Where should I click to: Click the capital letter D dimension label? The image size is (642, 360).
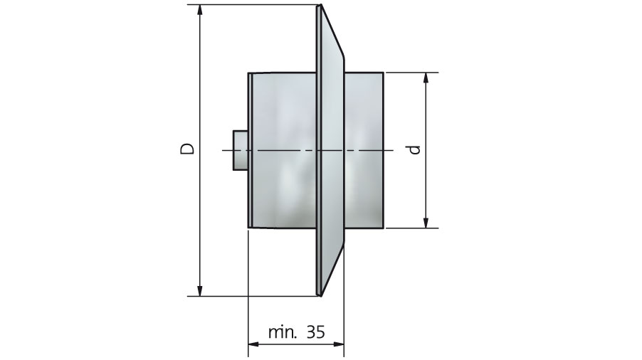click(187, 148)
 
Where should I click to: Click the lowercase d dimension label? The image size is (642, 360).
click(415, 149)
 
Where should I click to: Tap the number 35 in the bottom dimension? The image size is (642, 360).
click(315, 332)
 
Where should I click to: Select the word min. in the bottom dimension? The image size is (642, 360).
click(283, 332)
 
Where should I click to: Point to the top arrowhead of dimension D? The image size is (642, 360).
click(200, 10)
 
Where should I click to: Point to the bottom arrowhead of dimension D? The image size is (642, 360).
click(200, 290)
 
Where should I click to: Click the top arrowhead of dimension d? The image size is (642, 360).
click(426, 78)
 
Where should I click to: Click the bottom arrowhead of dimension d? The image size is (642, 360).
click(426, 223)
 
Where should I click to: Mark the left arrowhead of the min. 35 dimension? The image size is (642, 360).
click(254, 344)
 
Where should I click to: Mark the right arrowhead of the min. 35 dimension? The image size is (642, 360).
click(339, 344)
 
